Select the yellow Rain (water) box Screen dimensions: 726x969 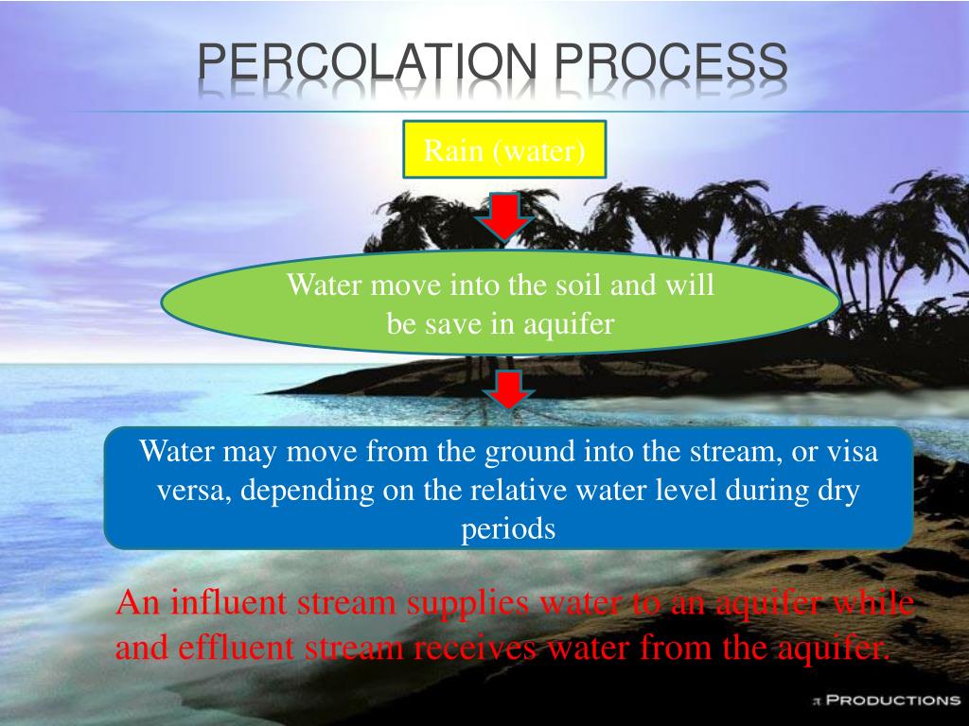pyautogui.click(x=503, y=149)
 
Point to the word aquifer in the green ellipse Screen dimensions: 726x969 pyautogui.click(x=573, y=324)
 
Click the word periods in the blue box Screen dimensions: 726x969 pyautogui.click(x=508, y=529)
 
